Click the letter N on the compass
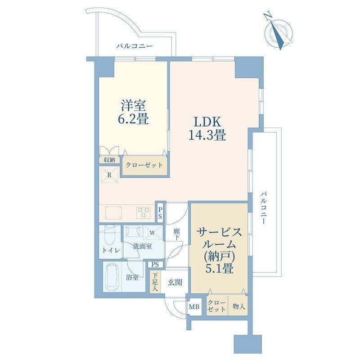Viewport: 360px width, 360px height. tap(267, 17)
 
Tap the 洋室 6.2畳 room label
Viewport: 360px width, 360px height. tap(133, 112)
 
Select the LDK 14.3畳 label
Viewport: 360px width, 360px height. tap(207, 128)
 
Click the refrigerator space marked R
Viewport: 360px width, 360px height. tap(109, 175)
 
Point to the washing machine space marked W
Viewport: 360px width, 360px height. tap(153, 233)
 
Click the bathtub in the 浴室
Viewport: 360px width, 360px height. tap(112, 277)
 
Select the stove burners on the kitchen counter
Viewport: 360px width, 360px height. tap(144, 212)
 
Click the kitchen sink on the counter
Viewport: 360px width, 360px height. tap(113, 212)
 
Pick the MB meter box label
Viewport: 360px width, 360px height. tap(194, 306)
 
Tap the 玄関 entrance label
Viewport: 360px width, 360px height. tap(175, 282)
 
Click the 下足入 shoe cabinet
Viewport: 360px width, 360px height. tap(155, 282)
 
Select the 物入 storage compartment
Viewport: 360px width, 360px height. tap(238, 306)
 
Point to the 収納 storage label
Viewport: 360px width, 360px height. tap(109, 160)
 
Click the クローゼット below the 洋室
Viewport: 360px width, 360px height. tap(144, 165)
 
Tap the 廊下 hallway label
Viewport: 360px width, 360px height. tap(176, 234)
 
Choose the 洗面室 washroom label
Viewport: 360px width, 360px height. tap(142, 247)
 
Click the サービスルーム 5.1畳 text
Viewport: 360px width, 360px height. tap(219, 250)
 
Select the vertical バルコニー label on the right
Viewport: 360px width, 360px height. tap(263, 208)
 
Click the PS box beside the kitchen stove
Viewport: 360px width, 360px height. tap(160, 213)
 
